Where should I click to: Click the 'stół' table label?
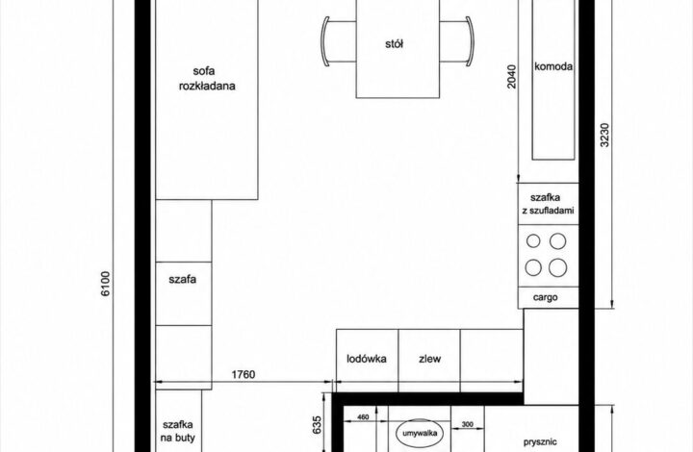(x=395, y=43)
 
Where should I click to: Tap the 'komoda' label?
(x=553, y=66)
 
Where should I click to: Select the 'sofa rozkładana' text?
(x=207, y=79)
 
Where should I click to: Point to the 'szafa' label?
(x=183, y=280)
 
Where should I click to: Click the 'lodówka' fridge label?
(x=367, y=359)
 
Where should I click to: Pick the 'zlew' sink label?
(x=429, y=359)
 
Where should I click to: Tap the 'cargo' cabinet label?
(x=546, y=297)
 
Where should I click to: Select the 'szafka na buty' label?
(x=178, y=431)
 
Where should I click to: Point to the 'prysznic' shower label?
(x=540, y=441)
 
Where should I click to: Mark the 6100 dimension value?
(x=106, y=284)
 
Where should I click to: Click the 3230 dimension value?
(x=605, y=135)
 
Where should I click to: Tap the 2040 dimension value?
(x=511, y=77)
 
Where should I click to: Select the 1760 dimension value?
(x=244, y=374)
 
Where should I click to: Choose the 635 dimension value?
(x=317, y=425)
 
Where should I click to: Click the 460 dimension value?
(x=363, y=417)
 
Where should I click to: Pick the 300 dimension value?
(x=468, y=425)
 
